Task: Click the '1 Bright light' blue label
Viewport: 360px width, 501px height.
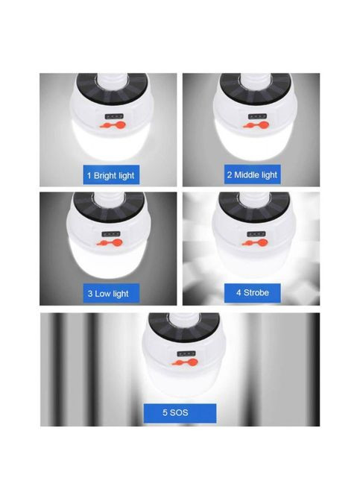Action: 111,174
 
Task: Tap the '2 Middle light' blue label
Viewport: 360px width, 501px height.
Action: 253,174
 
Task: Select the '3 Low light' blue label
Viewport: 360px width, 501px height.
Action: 111,293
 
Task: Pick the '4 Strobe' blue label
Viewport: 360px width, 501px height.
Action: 253,293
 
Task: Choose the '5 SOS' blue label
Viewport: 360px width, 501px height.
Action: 180,413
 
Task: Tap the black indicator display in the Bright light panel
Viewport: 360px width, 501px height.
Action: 114,116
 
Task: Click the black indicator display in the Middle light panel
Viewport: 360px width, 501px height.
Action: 257,116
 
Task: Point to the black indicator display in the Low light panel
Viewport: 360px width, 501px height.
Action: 111,234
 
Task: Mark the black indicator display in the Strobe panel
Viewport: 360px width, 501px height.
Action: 256,234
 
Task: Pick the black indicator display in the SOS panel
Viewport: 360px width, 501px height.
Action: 186,353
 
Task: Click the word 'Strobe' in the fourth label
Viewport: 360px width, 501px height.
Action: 256,293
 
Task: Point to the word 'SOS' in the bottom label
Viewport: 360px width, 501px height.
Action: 179,412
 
